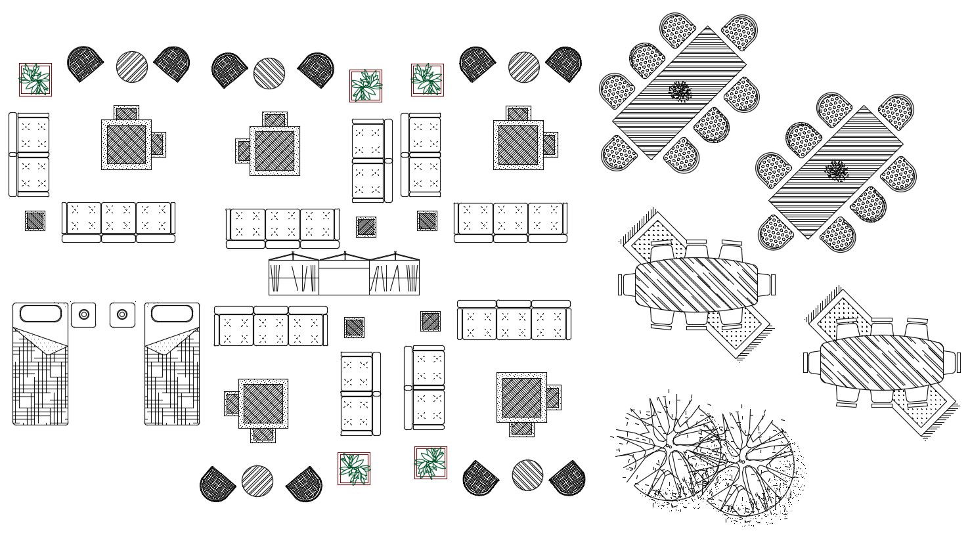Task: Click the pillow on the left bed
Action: (x=40, y=313)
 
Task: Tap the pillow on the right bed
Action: (x=171, y=313)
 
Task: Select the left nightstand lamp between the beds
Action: (x=84, y=315)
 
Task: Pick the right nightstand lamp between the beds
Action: (x=122, y=315)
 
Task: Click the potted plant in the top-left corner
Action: (x=35, y=79)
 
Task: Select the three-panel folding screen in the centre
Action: (x=343, y=275)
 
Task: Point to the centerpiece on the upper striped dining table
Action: (x=681, y=91)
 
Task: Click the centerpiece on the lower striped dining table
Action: (x=836, y=171)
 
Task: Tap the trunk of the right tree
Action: (x=743, y=461)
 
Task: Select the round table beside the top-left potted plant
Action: (x=132, y=66)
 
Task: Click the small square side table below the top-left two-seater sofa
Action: (x=35, y=221)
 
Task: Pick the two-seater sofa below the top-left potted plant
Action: (x=29, y=155)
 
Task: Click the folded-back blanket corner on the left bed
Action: (x=50, y=341)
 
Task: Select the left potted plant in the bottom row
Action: (x=354, y=468)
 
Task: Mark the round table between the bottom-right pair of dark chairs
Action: (x=527, y=475)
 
